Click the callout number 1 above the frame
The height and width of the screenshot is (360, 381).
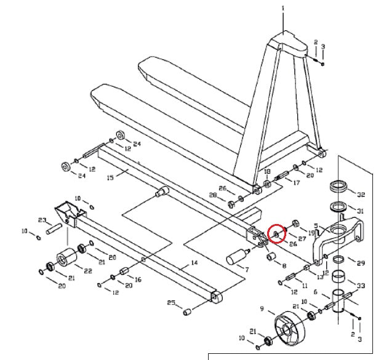[283, 9]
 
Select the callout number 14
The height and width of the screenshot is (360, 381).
[195, 263]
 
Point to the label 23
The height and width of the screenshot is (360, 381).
[42, 220]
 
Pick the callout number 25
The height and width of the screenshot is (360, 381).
[171, 302]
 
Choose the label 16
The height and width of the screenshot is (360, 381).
[138, 279]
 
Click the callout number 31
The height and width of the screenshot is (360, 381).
[361, 211]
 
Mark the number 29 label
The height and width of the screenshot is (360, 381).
[361, 263]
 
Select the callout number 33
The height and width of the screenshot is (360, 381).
[361, 286]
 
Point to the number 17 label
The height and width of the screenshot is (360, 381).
[296, 183]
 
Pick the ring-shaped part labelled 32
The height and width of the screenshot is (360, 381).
[338, 185]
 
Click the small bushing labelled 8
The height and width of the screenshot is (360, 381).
[270, 255]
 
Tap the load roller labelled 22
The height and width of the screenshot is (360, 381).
[65, 258]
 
